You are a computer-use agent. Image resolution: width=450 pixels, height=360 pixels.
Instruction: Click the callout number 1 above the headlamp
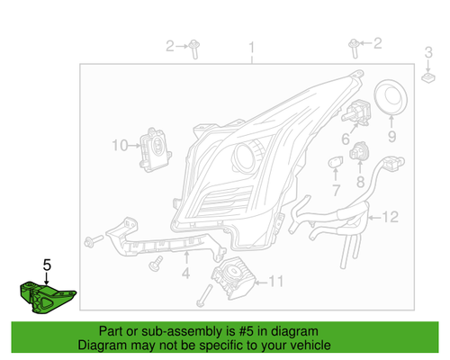(253, 47)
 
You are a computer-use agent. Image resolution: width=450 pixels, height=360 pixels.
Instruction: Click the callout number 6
(345, 139)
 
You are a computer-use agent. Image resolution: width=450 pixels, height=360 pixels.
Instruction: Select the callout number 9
(392, 137)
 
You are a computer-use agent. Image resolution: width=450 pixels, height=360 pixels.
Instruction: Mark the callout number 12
(389, 217)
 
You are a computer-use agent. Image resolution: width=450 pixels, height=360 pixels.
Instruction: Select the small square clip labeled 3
(428, 78)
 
